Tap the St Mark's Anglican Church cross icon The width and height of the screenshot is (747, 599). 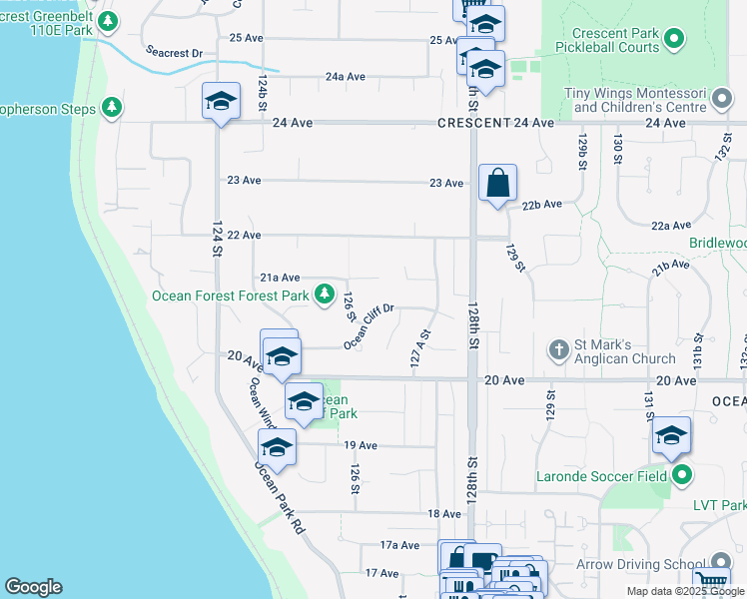[559, 350]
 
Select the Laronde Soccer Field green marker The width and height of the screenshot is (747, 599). [682, 474]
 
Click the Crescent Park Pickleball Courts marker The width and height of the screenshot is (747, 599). [674, 39]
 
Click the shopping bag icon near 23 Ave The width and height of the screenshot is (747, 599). [497, 184]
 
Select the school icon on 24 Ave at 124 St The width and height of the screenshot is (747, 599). [222, 101]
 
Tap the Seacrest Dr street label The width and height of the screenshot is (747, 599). [174, 52]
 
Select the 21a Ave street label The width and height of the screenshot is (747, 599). [280, 278]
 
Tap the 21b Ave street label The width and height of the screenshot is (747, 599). [671, 268]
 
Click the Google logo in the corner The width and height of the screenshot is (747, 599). [33, 587]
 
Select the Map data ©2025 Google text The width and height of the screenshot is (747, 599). [684, 591]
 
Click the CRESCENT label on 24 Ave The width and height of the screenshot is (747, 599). [469, 123]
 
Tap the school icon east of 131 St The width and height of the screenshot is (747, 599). [672, 436]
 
